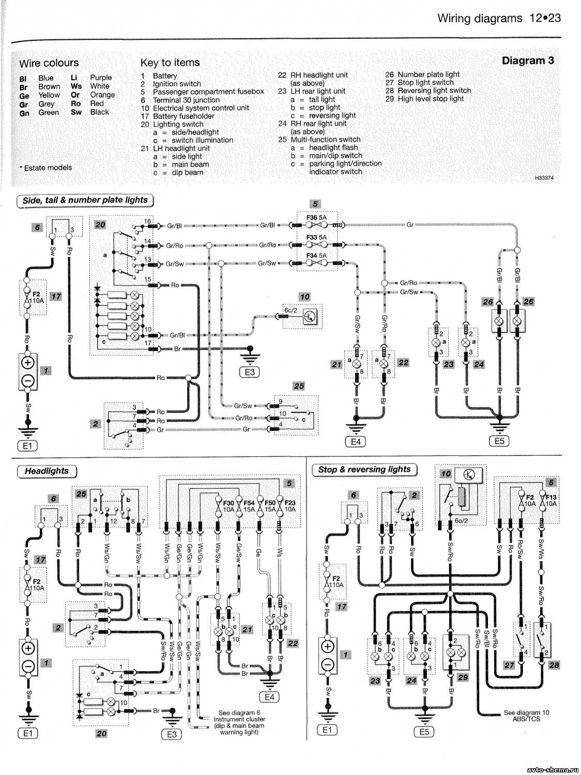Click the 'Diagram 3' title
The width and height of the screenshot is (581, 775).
528,60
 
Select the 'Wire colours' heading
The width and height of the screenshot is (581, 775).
49,63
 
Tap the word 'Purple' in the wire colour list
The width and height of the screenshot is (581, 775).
101,78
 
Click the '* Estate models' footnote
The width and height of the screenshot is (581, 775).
47,167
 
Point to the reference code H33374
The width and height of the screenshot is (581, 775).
544,178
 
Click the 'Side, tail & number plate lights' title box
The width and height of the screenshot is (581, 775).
85,200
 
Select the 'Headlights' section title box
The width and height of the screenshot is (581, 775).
47,471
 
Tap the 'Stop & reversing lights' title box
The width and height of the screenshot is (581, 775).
364,469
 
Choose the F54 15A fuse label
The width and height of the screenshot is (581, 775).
249,506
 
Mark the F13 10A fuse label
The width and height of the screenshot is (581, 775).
551,500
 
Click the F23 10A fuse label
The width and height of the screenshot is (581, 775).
289,506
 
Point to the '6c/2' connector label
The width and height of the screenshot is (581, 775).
291,309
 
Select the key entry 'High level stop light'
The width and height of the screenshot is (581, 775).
431,99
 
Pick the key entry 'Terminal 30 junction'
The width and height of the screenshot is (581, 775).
186,100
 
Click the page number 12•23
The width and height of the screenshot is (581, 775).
545,18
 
